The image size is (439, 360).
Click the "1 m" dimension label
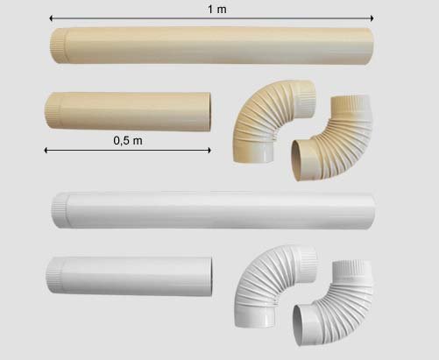(x=217, y=10)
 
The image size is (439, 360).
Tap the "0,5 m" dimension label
(x=128, y=141)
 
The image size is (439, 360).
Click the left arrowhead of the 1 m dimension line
(x=51, y=18)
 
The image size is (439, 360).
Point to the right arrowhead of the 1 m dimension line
(x=372, y=18)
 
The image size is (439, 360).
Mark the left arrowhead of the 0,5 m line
(x=46, y=151)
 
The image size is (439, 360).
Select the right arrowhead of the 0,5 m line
(x=209, y=151)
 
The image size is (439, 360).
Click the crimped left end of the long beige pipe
(x=59, y=46)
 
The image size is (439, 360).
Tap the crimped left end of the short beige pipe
(x=53, y=109)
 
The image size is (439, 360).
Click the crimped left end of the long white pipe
(x=60, y=210)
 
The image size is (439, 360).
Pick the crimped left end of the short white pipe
(x=55, y=274)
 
